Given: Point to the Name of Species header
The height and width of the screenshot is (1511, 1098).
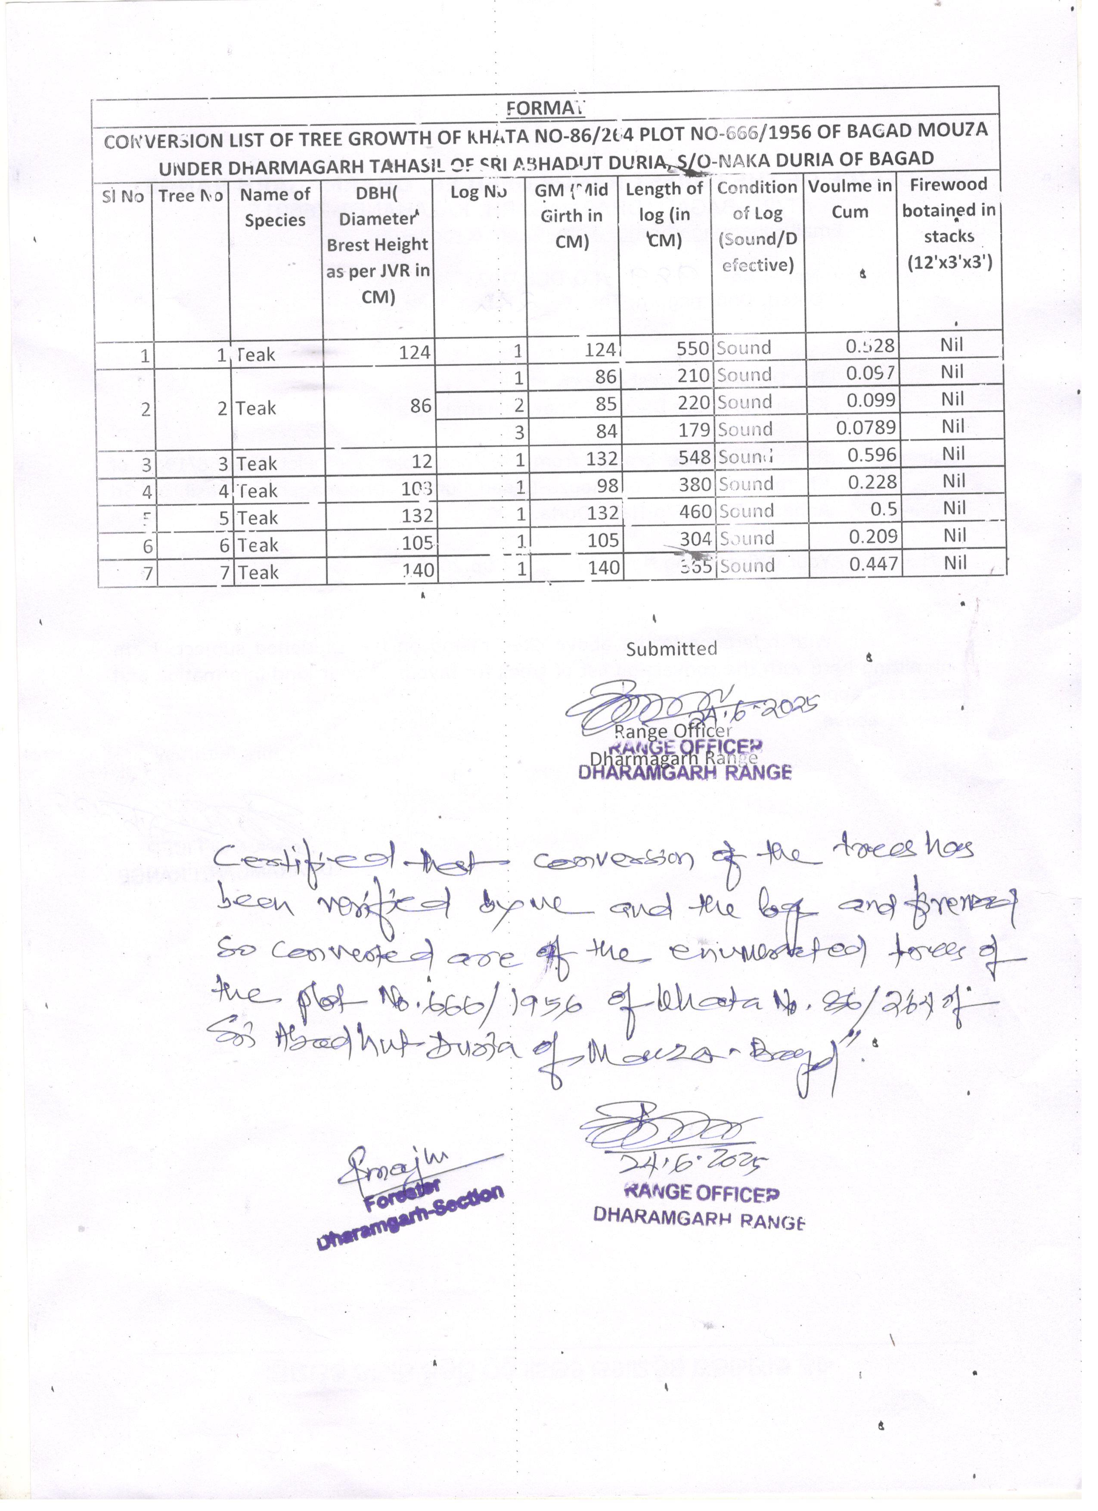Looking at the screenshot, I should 275,207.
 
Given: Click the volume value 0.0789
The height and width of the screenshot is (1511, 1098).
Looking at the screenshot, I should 865,427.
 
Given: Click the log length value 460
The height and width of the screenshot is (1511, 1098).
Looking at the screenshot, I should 694,512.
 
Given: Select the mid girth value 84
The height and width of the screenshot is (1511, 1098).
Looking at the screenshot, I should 606,431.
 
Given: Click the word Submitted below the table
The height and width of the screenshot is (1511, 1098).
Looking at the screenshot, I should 670,649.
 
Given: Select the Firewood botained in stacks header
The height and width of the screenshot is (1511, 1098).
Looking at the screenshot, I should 949,223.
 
